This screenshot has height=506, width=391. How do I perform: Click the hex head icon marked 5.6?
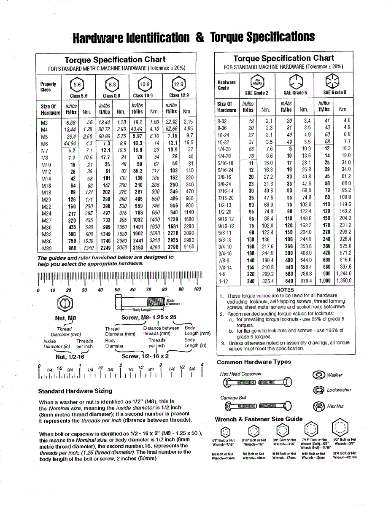point(77,84)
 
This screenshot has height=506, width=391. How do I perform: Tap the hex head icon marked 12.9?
point(179,84)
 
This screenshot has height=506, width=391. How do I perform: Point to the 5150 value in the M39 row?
point(189,247)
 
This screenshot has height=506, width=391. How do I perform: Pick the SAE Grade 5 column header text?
point(295,92)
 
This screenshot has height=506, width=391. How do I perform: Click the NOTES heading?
point(285,290)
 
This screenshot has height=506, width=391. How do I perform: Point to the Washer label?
point(334,375)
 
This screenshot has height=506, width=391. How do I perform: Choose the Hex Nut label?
point(335,406)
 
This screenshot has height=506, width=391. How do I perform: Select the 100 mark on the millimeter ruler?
point(197,290)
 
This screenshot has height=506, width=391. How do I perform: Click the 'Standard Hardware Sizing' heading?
point(75,391)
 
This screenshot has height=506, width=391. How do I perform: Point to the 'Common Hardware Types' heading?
point(254,362)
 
